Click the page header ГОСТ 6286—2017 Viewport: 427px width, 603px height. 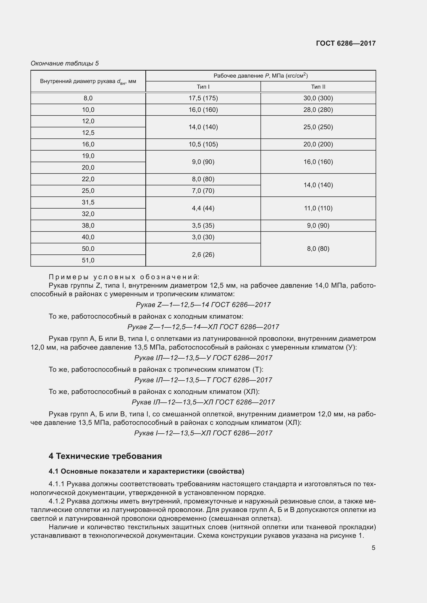[346, 43]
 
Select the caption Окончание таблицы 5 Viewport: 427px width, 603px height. [65, 63]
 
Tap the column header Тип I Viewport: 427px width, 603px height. [203, 87]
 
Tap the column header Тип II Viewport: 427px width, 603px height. [318, 87]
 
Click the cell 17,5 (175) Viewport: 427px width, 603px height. [203, 98]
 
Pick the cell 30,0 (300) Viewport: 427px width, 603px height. [318, 98]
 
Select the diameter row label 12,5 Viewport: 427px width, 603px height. [88, 133]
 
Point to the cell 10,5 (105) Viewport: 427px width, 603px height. [203, 144]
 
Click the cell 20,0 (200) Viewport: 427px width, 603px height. [318, 144]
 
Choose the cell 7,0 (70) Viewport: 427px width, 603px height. [203, 191]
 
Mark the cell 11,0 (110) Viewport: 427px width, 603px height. [318, 208]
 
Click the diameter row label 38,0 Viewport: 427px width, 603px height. [88, 226]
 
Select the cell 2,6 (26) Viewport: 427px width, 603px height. [203, 254]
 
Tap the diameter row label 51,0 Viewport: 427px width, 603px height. [88, 260]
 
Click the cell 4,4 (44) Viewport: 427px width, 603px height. [203, 208]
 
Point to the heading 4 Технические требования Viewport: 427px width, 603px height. [105, 456]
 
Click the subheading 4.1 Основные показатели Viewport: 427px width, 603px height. [146, 472]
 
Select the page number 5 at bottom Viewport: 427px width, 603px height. [373, 548]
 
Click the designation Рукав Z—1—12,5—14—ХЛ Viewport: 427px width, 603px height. [203, 327]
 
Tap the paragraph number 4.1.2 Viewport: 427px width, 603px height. [56, 501]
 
